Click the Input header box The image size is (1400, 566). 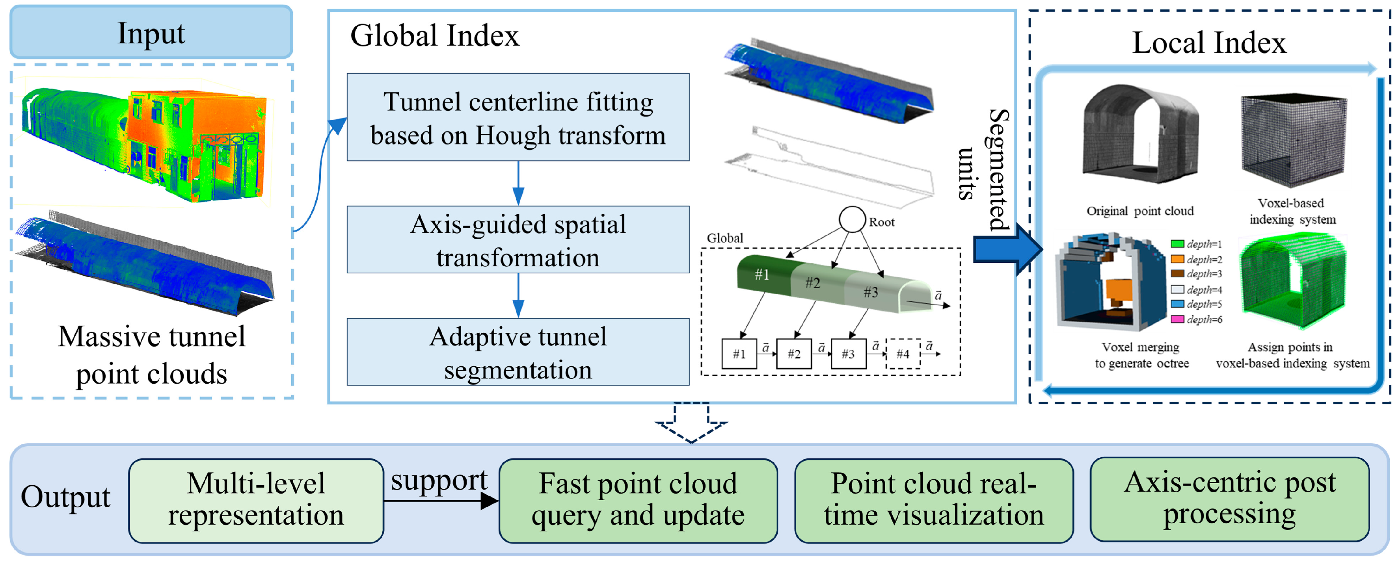tap(151, 33)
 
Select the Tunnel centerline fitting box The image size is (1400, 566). tap(518, 117)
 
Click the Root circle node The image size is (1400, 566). tap(852, 219)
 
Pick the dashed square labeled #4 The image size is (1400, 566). tap(903, 354)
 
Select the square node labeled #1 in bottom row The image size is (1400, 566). tap(739, 354)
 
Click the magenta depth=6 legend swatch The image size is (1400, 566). tap(1177, 319)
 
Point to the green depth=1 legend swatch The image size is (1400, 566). tap(1177, 244)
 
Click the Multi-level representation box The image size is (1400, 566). tap(256, 500)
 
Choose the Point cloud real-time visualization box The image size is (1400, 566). tap(933, 500)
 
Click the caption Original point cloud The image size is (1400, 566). tap(1140, 211)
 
